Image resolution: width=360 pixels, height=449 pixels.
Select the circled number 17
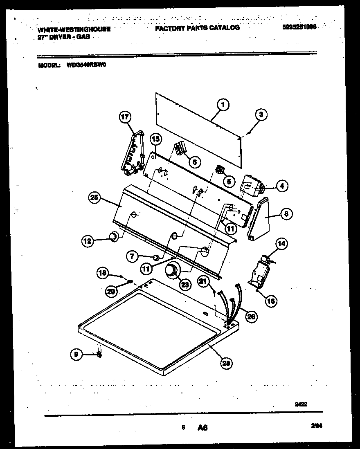pos(124,117)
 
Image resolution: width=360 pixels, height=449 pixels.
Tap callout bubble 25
pos(95,198)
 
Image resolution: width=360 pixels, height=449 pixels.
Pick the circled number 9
pos(76,355)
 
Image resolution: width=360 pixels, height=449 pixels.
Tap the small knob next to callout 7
pos(155,257)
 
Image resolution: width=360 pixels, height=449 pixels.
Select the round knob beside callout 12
pos(113,237)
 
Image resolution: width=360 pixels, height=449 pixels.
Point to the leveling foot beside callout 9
pos(99,354)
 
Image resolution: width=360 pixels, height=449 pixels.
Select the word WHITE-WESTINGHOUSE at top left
pos(74,29)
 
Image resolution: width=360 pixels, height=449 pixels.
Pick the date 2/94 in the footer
pos(317,426)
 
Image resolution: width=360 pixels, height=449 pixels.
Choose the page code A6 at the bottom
pos(202,428)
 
